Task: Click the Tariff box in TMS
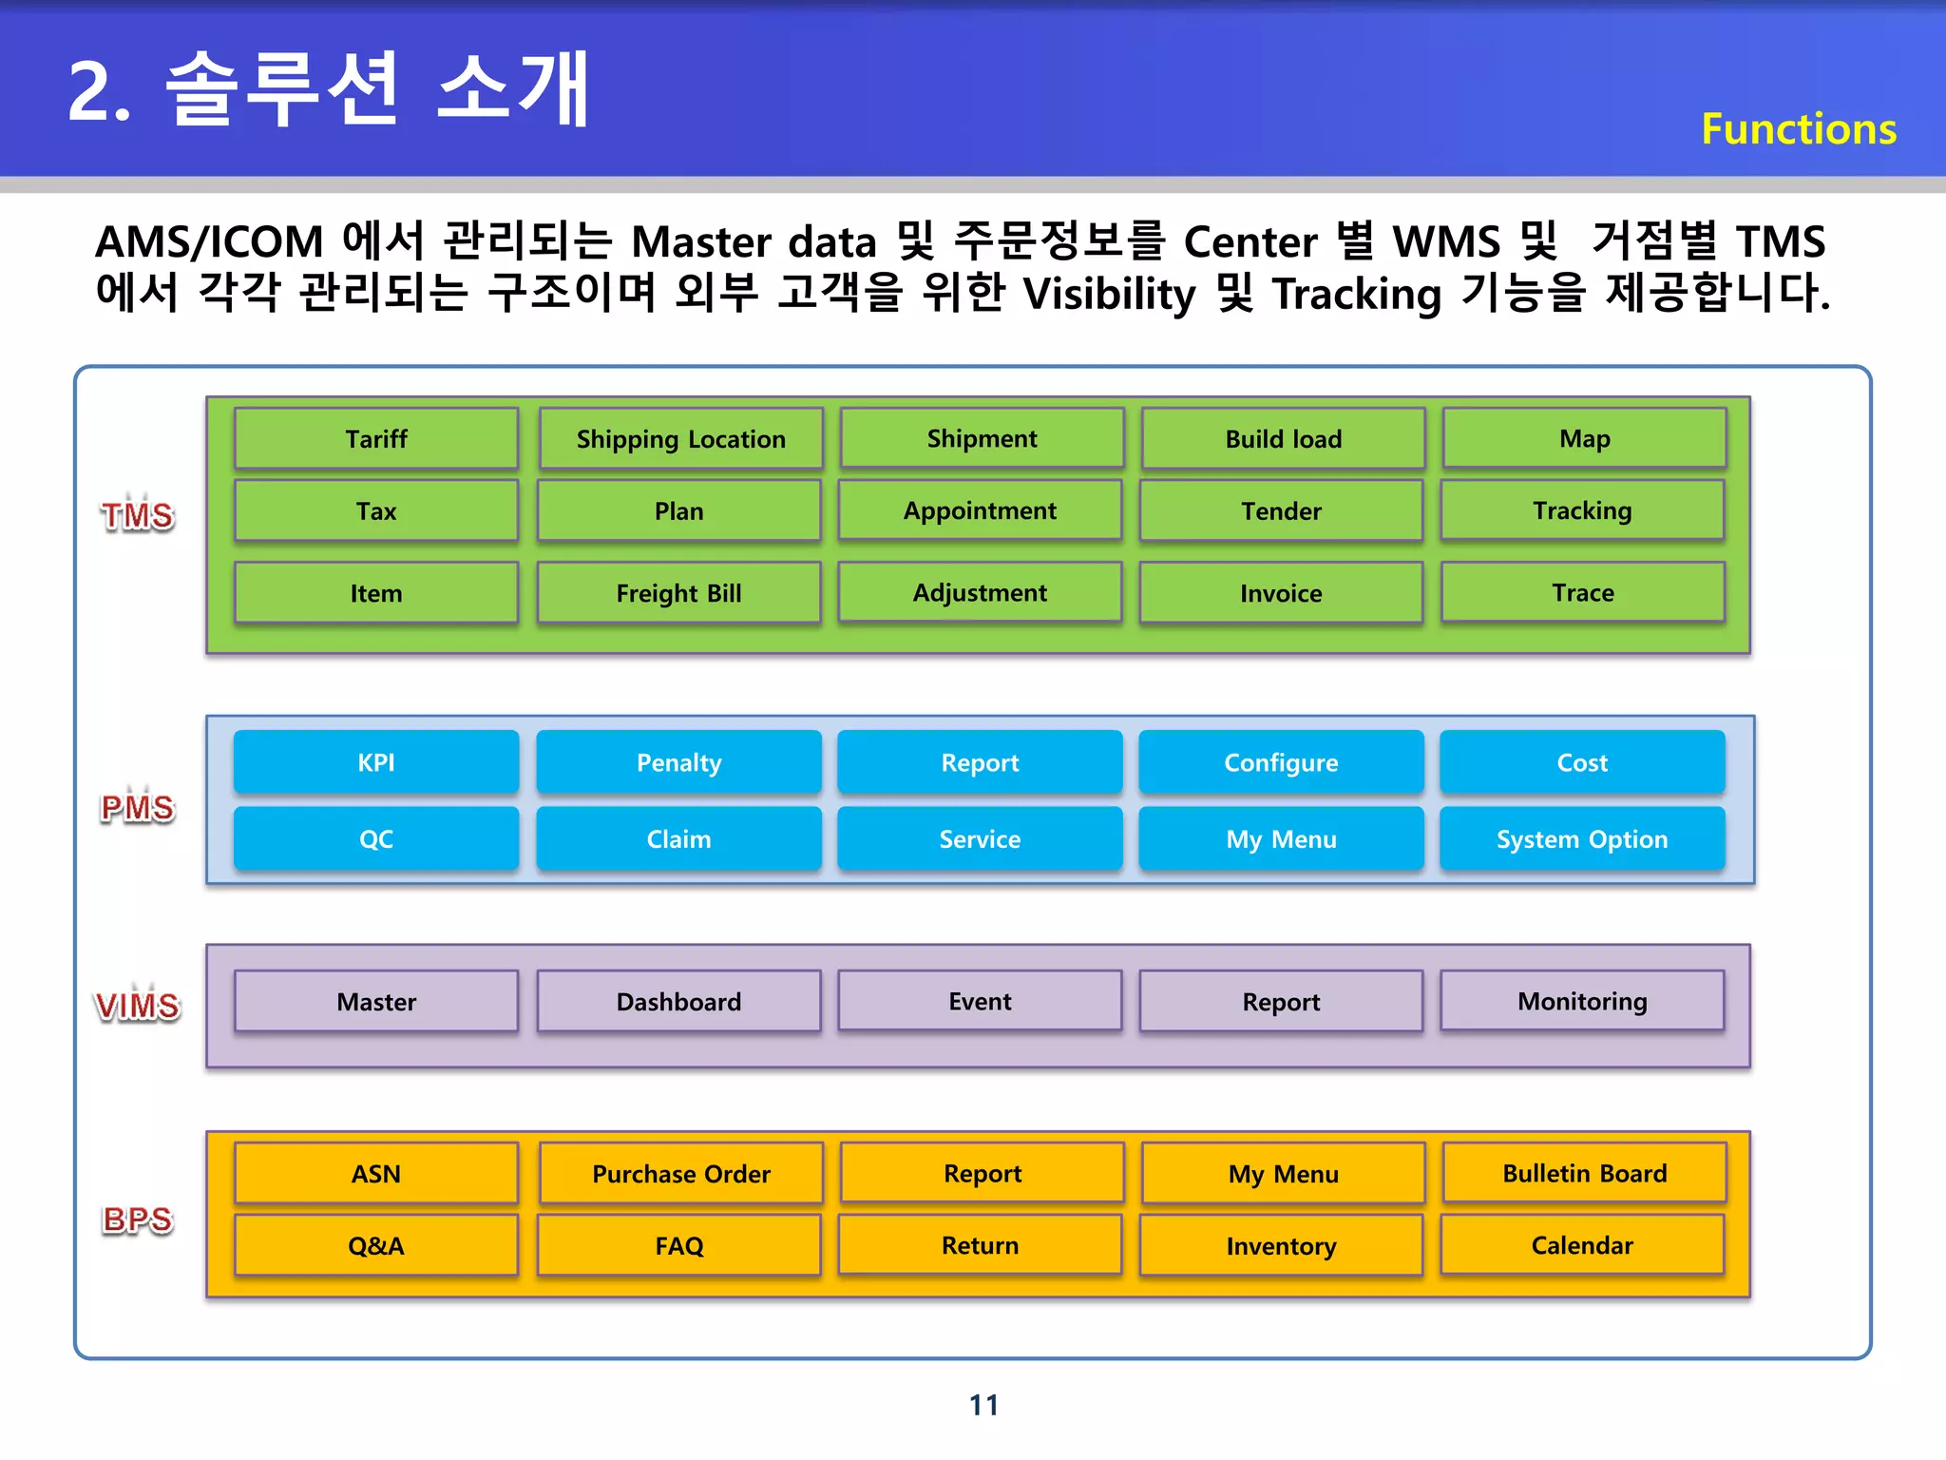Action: point(376,438)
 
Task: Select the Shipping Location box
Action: point(680,438)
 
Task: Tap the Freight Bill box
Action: point(678,592)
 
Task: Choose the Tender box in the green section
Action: point(1281,510)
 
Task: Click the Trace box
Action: point(1582,592)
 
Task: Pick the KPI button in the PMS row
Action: point(376,761)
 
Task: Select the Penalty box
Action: point(678,761)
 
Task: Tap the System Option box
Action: point(1582,838)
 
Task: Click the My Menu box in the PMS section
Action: point(1281,838)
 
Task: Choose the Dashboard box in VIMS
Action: point(678,1001)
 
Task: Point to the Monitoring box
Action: point(1582,1001)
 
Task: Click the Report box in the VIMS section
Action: point(1281,1001)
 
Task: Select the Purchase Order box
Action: point(680,1173)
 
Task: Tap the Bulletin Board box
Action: point(1584,1173)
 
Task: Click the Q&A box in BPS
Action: point(376,1245)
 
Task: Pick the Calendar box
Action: point(1582,1245)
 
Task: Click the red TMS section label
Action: point(138,515)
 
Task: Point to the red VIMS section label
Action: point(138,1005)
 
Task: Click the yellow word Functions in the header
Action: point(1798,128)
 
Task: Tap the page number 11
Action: point(983,1404)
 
